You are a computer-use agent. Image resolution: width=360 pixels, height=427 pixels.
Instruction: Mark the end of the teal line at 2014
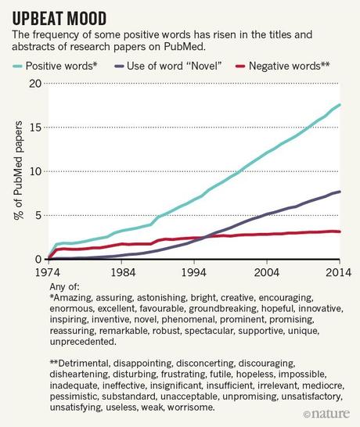point(340,105)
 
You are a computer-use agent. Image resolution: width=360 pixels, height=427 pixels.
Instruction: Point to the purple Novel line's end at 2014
point(340,192)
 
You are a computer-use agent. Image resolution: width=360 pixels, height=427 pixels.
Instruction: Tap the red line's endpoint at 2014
point(340,231)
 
